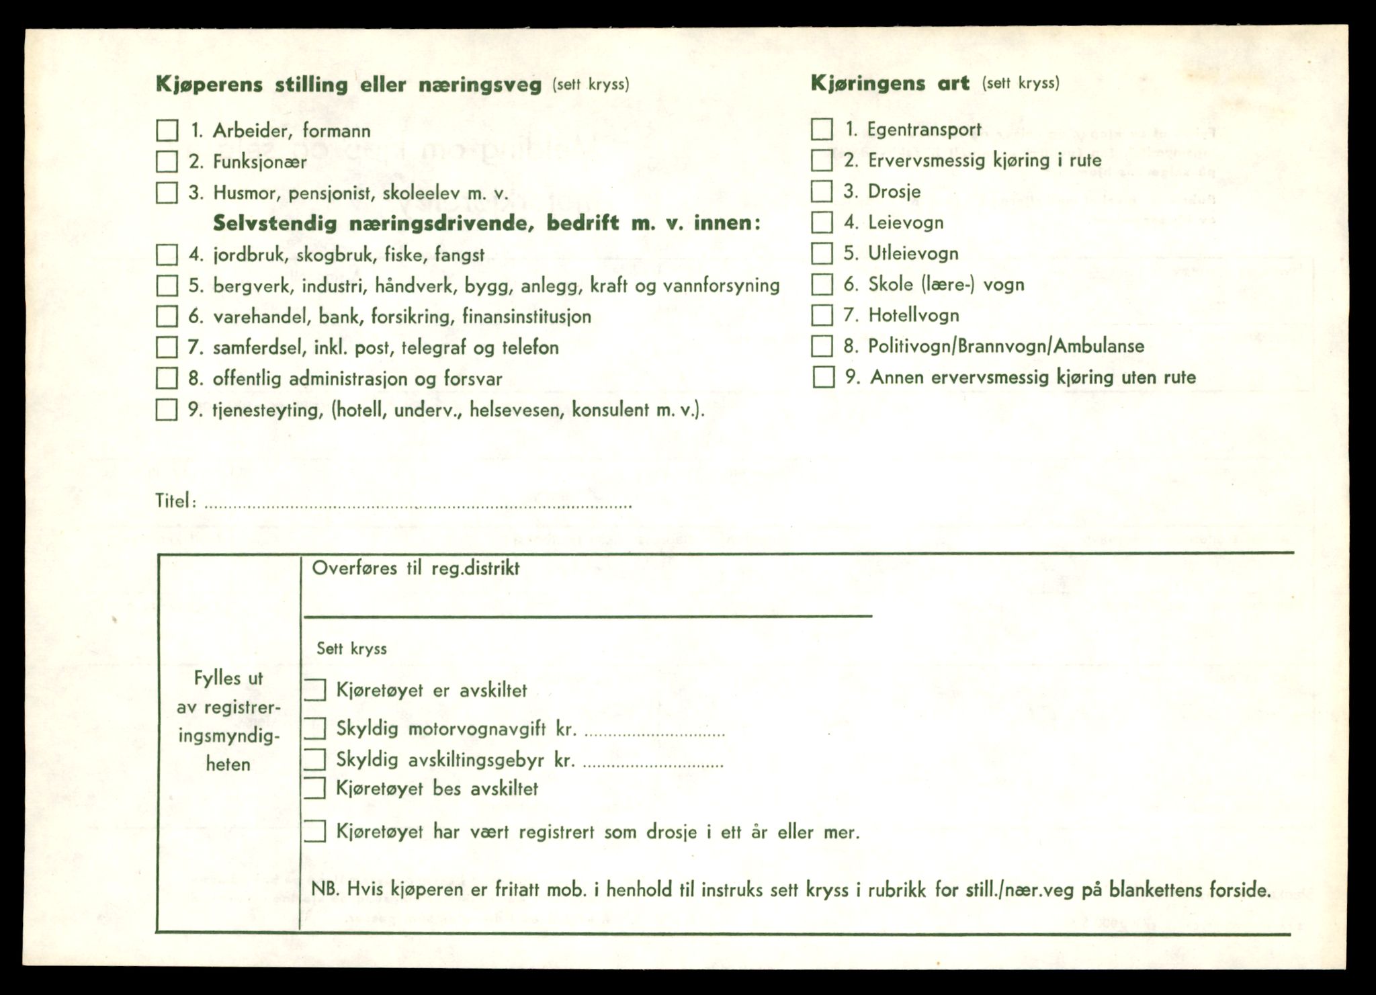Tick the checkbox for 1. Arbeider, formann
click(167, 130)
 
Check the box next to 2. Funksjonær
click(167, 162)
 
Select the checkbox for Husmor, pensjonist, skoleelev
click(167, 193)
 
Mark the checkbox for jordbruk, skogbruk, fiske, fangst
click(167, 255)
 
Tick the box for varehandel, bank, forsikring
click(167, 316)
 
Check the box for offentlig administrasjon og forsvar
click(167, 378)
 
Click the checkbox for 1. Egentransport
click(822, 129)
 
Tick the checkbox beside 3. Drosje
click(822, 191)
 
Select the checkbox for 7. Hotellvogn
click(822, 315)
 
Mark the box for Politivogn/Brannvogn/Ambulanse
click(822, 346)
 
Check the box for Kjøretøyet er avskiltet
click(314, 690)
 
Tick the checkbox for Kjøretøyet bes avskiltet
click(314, 788)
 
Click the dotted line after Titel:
click(417, 505)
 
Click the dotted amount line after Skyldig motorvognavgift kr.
click(654, 734)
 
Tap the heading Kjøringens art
click(890, 83)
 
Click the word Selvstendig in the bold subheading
click(275, 224)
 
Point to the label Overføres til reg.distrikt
click(415, 568)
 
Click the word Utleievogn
click(913, 253)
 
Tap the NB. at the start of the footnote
click(322, 890)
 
